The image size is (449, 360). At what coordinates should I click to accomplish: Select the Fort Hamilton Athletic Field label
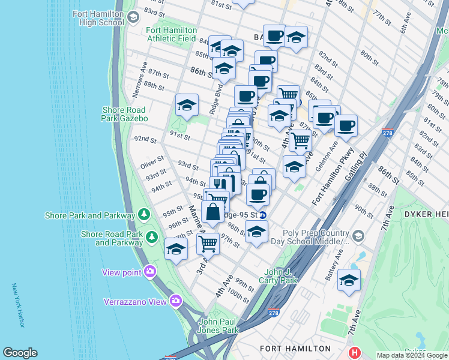coord(170,34)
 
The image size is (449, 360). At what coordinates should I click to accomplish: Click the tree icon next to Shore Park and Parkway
coord(143,215)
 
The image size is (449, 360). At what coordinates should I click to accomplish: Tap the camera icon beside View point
coord(149,272)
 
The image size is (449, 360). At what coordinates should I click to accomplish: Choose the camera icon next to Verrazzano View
coord(175,301)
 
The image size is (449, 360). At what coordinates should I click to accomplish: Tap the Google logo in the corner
coord(20,353)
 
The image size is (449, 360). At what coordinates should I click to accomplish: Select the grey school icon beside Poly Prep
coord(358,235)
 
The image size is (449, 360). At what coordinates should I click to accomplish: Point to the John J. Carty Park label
coord(278,276)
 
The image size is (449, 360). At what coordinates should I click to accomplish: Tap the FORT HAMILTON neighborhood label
coord(295,348)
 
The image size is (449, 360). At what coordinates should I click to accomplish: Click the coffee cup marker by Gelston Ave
coord(346,127)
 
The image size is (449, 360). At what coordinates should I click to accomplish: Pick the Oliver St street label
coord(152,162)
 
